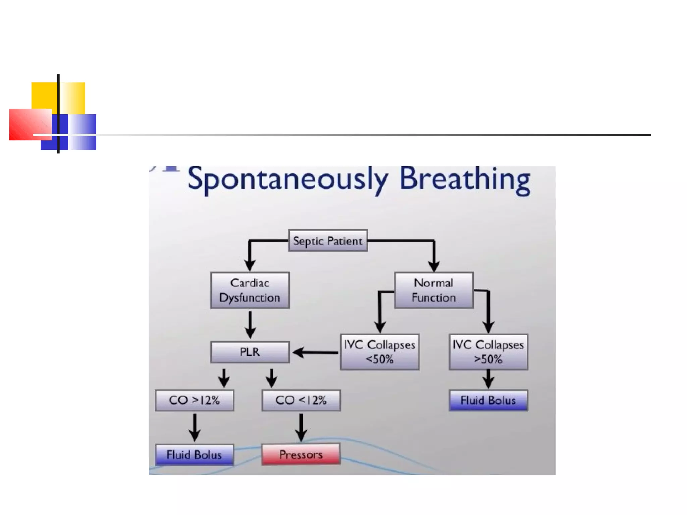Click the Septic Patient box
(328, 241)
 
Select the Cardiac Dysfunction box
(250, 290)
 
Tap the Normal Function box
(433, 290)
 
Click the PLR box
(250, 352)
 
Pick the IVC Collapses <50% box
(379, 352)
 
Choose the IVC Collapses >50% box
(488, 352)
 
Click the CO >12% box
(194, 400)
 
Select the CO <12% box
(301, 400)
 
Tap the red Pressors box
(301, 454)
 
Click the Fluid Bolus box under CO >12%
(194, 455)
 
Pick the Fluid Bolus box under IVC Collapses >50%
(488, 400)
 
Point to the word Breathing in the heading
(465, 179)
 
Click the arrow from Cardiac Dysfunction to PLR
(250, 324)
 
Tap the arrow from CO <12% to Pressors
(301, 427)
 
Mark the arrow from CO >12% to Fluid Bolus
(195, 427)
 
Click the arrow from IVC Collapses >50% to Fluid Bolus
(488, 379)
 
